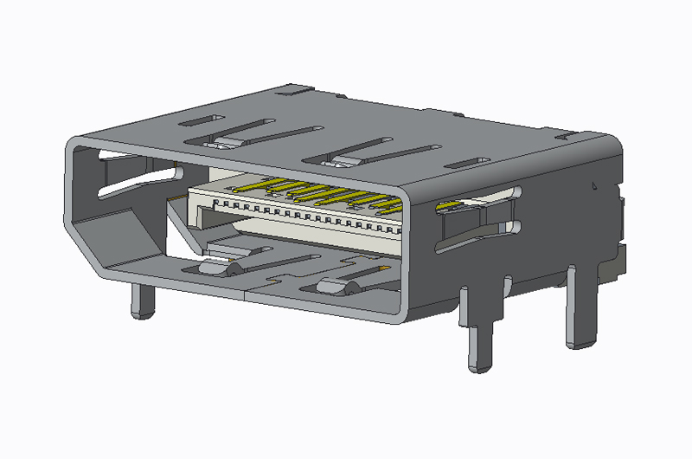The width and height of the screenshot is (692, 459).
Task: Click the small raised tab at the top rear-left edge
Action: tap(295, 88)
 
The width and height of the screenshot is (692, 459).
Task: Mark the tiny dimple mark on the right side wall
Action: tap(593, 184)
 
